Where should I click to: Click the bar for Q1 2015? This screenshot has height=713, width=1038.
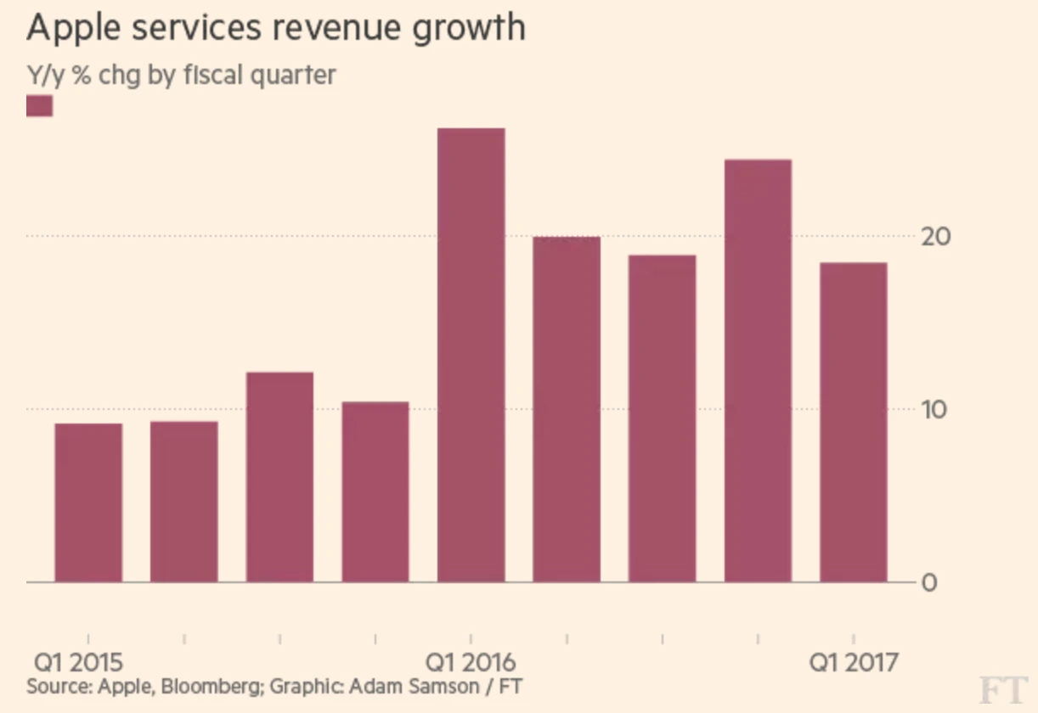point(88,502)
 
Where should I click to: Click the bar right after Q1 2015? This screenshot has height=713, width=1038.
point(184,502)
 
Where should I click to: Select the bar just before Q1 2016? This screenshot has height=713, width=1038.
point(375,491)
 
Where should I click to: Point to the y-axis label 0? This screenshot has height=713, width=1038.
point(930,583)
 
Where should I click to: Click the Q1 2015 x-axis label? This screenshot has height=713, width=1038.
point(78,662)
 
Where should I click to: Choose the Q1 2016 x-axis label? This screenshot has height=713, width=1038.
point(471,662)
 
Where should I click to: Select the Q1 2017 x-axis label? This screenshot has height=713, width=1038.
point(852,662)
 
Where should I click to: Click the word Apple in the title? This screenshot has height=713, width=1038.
point(73,28)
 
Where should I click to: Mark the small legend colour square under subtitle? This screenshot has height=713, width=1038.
point(40,106)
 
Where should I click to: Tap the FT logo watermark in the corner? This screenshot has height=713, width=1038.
point(1002,690)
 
